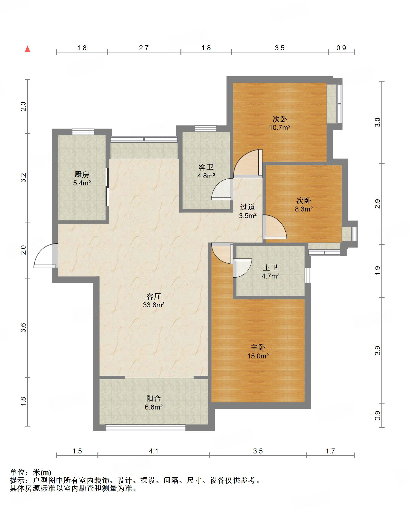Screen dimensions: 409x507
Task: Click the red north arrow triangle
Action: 27,49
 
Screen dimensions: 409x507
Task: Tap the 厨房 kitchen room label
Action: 82,174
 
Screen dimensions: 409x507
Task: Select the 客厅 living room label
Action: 153,296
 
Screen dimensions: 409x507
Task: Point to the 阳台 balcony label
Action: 153,399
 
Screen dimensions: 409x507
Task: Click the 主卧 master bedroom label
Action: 258,347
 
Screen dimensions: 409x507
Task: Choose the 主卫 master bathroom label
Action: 270,267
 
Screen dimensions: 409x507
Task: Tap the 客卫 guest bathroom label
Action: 206,167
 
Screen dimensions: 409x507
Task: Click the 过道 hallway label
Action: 248,207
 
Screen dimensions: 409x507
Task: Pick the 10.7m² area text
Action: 280,127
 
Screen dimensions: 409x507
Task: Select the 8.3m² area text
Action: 304,209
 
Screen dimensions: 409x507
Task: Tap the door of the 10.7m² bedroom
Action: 248,163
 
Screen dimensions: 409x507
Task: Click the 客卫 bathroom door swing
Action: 222,189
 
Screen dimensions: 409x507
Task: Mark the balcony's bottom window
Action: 145,427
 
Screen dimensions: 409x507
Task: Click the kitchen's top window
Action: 83,132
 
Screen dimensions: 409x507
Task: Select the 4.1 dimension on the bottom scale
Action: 153,451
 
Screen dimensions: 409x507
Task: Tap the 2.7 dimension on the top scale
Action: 144,48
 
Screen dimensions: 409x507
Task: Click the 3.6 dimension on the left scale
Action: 23,328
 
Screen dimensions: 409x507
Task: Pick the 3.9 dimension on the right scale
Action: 378,350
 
